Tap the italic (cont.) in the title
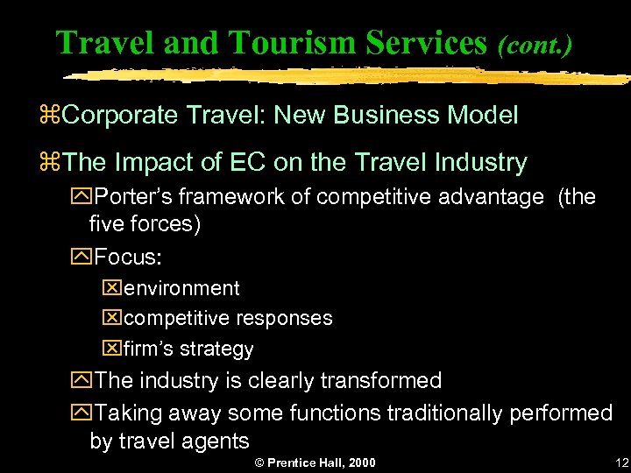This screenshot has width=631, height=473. tap(535, 44)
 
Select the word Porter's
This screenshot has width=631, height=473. tap(133, 197)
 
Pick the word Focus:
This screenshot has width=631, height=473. tap(130, 257)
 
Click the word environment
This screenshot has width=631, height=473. tap(181, 288)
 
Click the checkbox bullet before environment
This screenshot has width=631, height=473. tap(110, 288)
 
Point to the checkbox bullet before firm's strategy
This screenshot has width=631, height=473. tap(110, 349)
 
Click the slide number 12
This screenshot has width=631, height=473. tap(622, 462)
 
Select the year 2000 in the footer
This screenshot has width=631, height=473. tap(361, 462)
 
